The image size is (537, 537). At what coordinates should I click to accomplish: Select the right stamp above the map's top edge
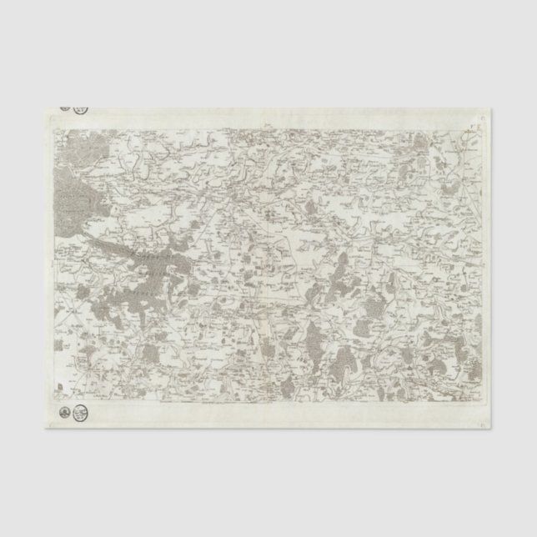pyautogui.click(x=80, y=108)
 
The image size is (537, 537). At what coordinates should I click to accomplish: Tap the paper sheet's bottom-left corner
pyautogui.click(x=43, y=427)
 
